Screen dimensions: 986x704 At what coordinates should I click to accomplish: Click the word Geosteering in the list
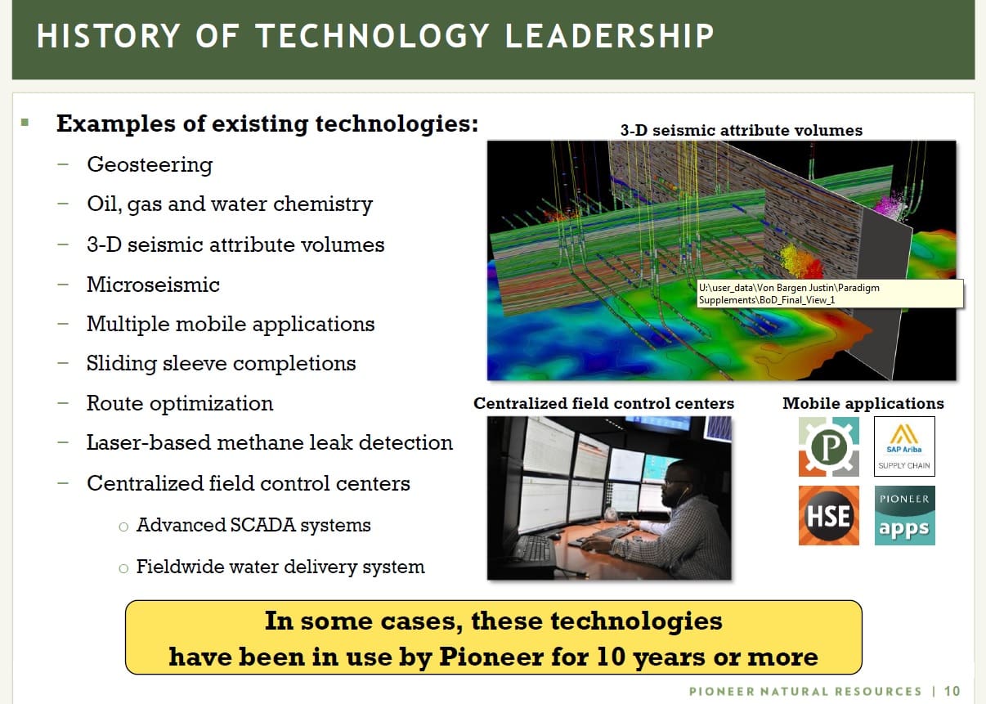[150, 165]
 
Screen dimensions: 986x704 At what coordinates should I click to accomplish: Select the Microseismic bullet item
[153, 285]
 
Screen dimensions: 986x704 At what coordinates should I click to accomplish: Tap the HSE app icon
[828, 516]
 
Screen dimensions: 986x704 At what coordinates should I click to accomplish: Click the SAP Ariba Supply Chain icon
[904, 446]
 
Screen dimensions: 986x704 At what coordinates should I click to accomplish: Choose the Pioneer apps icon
[904, 516]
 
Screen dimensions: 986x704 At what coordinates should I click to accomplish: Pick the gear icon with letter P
[828, 446]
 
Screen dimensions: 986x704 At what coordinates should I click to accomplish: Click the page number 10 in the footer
[952, 691]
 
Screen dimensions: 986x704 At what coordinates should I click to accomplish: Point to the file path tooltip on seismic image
[830, 294]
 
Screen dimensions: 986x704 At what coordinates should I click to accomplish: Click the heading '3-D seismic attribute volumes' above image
[742, 130]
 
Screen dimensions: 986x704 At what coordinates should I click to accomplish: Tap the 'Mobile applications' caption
[863, 403]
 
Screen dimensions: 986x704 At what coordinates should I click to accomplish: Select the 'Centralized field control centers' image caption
[603, 403]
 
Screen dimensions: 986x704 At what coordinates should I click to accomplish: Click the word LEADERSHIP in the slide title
[609, 36]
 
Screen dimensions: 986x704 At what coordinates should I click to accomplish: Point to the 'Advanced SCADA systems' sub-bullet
[253, 525]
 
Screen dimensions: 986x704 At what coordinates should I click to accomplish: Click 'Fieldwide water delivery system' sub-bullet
[280, 567]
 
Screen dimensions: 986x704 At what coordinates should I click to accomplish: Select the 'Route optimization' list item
[180, 404]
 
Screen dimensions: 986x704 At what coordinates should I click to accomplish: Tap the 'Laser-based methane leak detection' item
[269, 442]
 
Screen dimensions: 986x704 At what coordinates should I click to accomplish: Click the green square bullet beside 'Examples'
[25, 123]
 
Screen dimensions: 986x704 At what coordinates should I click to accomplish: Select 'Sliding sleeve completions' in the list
[221, 364]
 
